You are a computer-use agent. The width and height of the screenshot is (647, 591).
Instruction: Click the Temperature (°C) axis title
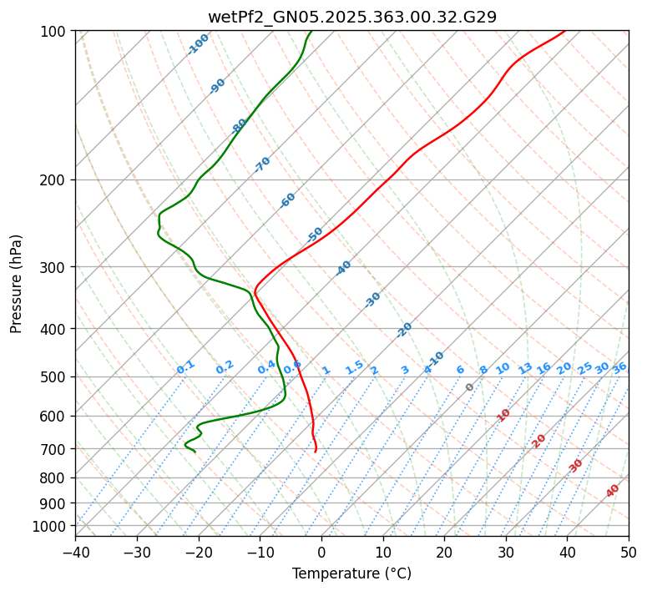(x=351, y=574)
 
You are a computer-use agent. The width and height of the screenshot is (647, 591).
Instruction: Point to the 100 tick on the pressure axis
(x=55, y=31)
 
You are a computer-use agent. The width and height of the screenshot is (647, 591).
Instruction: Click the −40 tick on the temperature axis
(x=75, y=552)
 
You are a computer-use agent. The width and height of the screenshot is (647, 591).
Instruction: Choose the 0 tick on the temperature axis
(x=321, y=552)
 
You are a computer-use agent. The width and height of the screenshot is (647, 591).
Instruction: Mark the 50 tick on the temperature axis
(x=629, y=552)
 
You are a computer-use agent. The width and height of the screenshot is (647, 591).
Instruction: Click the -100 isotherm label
(x=199, y=44)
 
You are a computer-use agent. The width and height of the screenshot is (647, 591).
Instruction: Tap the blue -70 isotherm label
(x=262, y=164)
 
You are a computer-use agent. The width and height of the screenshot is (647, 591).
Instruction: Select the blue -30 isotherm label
(x=372, y=300)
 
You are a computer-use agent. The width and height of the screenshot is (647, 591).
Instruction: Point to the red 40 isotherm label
(x=613, y=491)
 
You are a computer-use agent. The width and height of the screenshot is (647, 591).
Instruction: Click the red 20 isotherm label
(x=538, y=441)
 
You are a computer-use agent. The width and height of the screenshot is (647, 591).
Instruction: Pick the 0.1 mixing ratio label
(x=185, y=367)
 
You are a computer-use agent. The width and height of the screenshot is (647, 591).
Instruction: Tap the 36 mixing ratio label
(x=619, y=367)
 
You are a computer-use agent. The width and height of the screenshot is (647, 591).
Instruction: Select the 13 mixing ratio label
(x=525, y=368)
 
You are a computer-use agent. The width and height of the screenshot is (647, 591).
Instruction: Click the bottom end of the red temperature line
(x=316, y=452)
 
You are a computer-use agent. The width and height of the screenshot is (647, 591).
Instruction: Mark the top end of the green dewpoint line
(x=311, y=31)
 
